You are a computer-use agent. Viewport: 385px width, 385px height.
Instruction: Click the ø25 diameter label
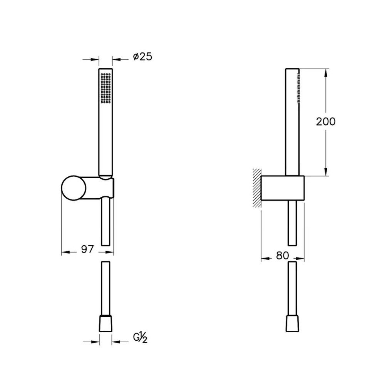[143, 57]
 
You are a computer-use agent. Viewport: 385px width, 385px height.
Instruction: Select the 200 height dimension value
[326, 122]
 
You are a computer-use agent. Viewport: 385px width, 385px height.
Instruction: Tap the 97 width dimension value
[88, 249]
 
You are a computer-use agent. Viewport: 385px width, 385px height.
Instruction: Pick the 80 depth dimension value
[282, 256]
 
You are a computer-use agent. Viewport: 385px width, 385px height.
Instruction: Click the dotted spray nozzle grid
[105, 89]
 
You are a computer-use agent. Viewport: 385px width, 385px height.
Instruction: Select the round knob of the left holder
[74, 187]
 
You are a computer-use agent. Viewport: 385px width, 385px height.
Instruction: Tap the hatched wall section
[257, 188]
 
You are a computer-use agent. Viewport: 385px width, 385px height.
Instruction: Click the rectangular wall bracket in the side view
[283, 188]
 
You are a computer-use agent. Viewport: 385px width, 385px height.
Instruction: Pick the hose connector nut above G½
[105, 323]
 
